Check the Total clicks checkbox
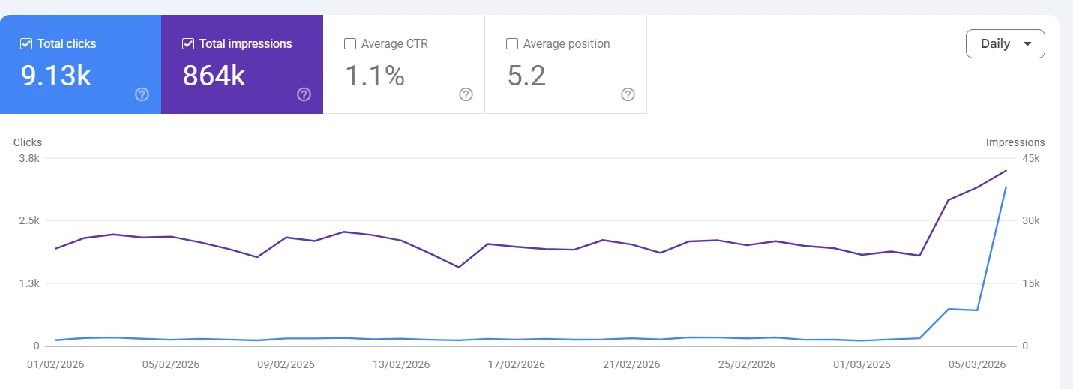pos(25,44)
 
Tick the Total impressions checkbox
pos(188,44)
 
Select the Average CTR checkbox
pos(350,44)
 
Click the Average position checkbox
pos(512,44)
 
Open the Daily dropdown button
pos(1005,43)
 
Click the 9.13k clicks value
pos(55,76)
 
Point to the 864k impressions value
pos(214,76)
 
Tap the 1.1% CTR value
pos(375,76)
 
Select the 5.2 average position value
pos(526,76)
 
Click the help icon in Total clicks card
pos(142,94)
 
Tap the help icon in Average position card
pos(628,94)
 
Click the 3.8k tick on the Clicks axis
pos(29,158)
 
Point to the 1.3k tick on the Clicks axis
pos(29,283)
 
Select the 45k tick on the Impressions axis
pos(1031,158)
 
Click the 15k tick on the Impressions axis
pos(1031,283)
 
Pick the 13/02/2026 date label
pos(401,364)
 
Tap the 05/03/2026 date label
pos(977,364)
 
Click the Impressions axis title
pos(1015,142)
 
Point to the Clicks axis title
pos(28,142)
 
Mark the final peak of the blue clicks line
pos(1006,187)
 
